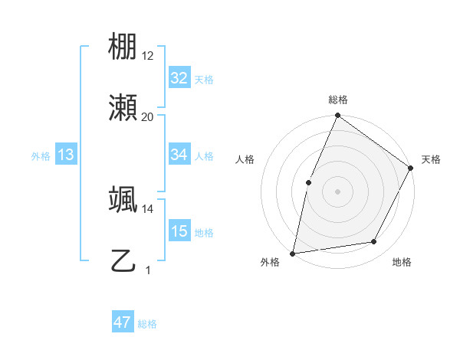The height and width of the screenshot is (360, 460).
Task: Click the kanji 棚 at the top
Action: click(123, 48)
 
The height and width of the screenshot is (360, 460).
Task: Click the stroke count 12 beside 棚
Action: click(147, 55)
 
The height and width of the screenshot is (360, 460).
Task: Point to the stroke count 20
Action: click(147, 116)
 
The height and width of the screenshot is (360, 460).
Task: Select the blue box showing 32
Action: click(179, 78)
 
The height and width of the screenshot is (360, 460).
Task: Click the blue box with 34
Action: click(179, 155)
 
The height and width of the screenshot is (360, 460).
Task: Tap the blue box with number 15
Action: click(179, 231)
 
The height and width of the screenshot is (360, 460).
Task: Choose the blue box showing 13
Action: click(66, 155)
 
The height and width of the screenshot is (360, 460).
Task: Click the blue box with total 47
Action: click(123, 322)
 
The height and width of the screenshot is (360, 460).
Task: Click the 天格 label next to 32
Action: click(204, 79)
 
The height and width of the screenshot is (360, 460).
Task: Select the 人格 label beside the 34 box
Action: click(204, 155)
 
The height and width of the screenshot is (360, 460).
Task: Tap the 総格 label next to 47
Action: click(147, 324)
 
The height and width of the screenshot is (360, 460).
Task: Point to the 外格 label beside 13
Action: click(41, 155)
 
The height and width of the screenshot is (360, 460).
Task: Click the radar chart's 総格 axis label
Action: click(337, 100)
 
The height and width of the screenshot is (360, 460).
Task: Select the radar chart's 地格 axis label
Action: click(402, 262)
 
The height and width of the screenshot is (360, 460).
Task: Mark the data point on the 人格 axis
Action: click(308, 182)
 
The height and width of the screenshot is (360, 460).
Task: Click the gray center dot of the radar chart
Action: click(337, 191)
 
